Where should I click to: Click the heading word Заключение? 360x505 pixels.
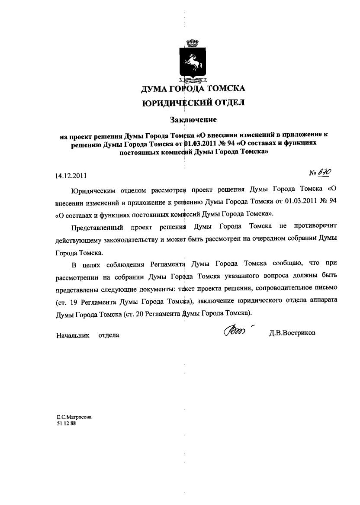[x=193, y=119]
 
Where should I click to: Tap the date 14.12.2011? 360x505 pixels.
[x=71, y=176]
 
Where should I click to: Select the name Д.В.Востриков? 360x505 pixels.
[x=292, y=334]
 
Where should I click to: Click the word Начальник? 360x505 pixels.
[x=72, y=335]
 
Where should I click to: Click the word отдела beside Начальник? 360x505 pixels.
[x=109, y=335]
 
